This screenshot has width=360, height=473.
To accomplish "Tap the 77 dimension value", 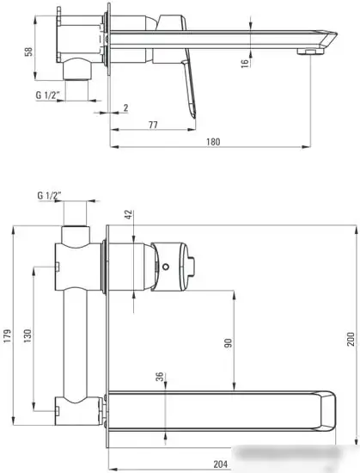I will tap(152, 126).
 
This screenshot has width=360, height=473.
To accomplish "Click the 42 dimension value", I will tap(130, 215).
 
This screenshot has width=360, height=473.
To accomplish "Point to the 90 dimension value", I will tap(229, 342).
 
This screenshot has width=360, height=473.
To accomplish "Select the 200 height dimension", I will tap(349, 339).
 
